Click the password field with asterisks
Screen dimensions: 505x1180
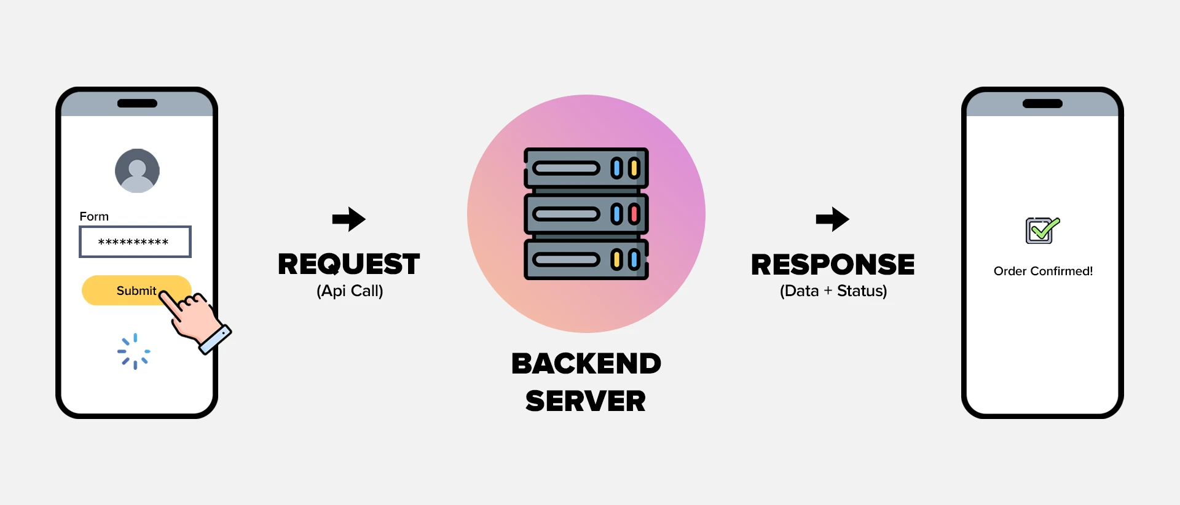click(135, 242)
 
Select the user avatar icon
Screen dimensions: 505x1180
click(137, 171)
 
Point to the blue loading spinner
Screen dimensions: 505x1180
click(134, 351)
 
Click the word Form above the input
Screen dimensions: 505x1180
click(94, 216)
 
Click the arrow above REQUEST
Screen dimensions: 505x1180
click(348, 219)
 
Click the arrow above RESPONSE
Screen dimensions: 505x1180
click(832, 219)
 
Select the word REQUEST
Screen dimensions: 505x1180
click(348, 264)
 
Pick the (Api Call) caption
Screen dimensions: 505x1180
click(350, 291)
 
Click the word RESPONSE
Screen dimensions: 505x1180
click(833, 265)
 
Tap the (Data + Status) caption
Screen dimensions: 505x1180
click(833, 291)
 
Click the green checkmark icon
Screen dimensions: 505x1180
click(1042, 230)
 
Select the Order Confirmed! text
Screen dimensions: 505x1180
click(1043, 271)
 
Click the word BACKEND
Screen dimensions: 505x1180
click(586, 364)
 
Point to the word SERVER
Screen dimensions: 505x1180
click(586, 401)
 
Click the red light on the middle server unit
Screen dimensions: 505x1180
click(634, 214)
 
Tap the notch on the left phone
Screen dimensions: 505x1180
click(137, 103)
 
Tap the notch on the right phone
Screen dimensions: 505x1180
click(1042, 103)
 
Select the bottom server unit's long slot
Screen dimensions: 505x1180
click(566, 260)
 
